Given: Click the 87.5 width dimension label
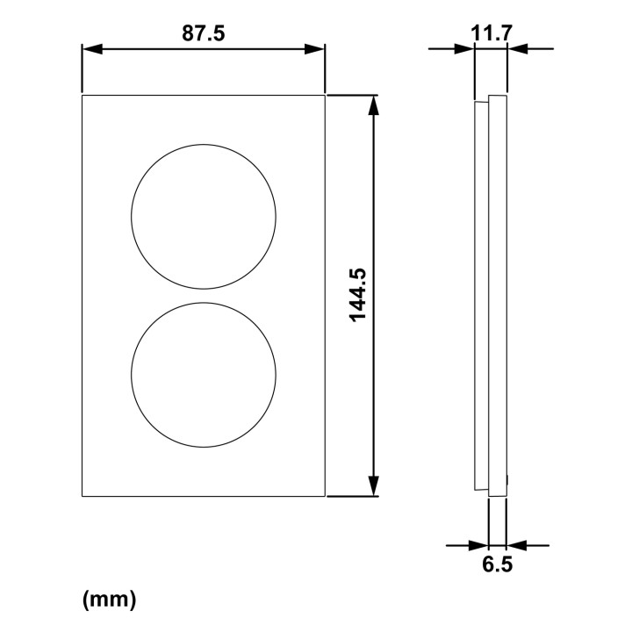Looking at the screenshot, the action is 203,33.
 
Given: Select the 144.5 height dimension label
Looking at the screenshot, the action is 358,295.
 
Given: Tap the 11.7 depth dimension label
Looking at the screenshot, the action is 492,33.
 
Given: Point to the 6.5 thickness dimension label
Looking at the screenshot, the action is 498,564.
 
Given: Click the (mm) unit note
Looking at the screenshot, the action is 109,600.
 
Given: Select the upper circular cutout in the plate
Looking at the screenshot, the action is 132,217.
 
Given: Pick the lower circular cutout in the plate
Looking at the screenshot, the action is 132,375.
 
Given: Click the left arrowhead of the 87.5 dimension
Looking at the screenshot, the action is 92,49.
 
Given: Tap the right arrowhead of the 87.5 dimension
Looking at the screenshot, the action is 314,49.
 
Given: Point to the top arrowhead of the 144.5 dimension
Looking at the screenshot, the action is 374,105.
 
